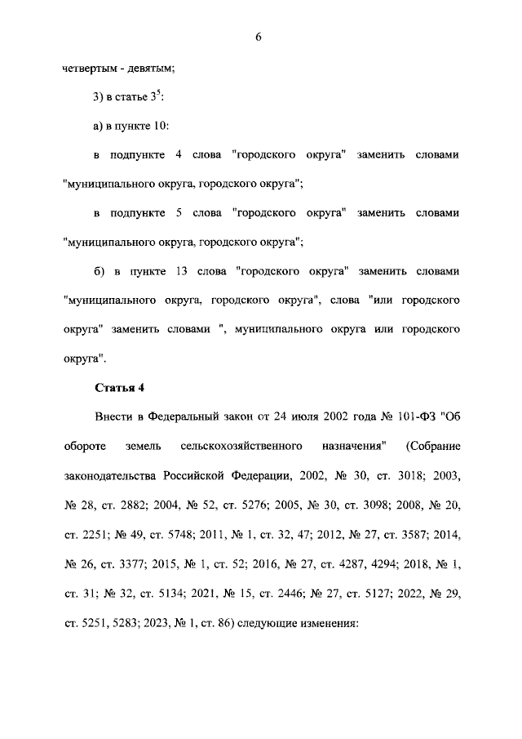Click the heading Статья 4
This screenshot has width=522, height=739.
tap(119, 387)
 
